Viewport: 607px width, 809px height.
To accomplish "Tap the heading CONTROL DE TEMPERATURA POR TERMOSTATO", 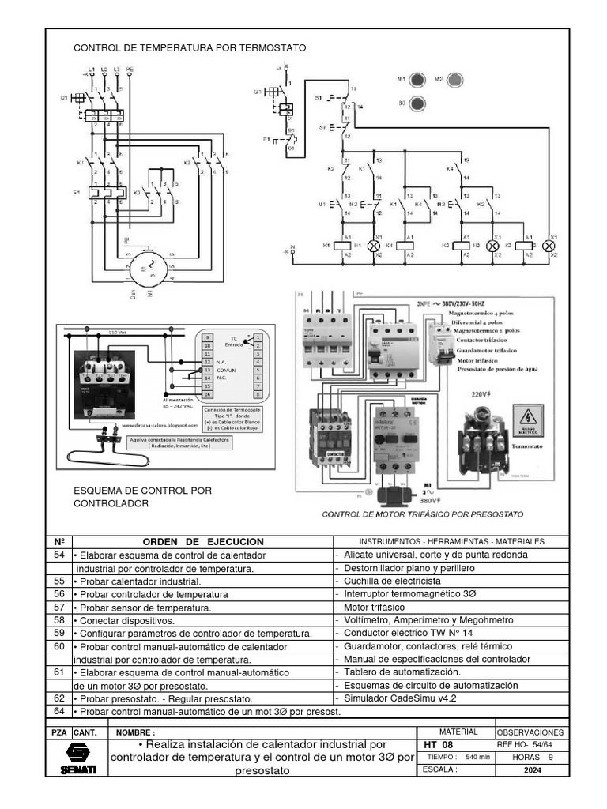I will click(x=190, y=48).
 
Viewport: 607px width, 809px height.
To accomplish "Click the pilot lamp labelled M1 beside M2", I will click(x=419, y=80).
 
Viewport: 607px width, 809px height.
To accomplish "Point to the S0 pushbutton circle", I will click(x=419, y=103).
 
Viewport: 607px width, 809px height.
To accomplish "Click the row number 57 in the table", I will click(x=58, y=607).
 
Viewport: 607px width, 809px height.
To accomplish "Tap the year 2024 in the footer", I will click(x=531, y=770).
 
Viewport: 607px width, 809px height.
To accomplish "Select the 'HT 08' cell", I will click(x=439, y=745).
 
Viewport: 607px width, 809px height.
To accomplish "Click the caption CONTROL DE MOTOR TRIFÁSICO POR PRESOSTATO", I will click(x=423, y=514).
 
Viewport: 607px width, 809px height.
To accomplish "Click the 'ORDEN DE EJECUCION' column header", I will click(x=202, y=541).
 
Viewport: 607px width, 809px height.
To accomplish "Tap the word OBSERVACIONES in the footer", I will click(x=531, y=732).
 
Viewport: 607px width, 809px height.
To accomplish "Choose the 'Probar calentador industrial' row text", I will click(x=138, y=581).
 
